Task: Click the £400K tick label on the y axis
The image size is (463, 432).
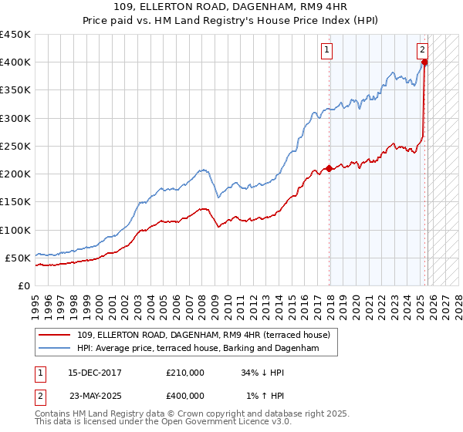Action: [x=15, y=62]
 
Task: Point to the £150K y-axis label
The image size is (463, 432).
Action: [x=15, y=202]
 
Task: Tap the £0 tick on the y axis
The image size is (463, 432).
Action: [x=23, y=285]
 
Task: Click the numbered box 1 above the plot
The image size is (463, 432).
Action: [x=327, y=50]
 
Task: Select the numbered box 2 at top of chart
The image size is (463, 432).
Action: [x=423, y=50]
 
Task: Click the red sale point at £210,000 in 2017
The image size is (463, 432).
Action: [x=330, y=168]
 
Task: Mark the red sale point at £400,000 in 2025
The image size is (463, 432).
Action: [x=425, y=62]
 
